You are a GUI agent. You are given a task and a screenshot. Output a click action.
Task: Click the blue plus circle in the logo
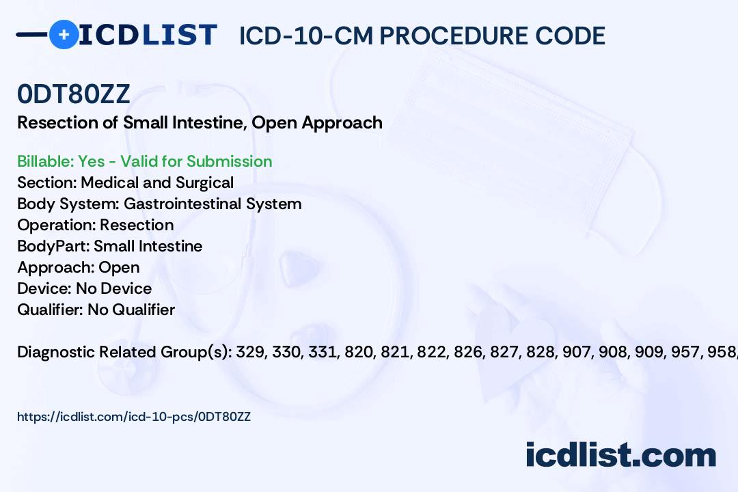click(64, 34)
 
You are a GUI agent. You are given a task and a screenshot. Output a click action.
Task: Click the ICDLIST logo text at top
click(148, 35)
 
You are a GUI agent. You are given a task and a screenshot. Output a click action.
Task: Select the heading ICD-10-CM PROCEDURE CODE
click(422, 36)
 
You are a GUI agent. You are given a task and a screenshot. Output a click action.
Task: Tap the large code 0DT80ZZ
click(74, 94)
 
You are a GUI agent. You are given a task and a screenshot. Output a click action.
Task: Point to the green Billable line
click(144, 161)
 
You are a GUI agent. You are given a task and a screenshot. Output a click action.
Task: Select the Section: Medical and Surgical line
click(125, 182)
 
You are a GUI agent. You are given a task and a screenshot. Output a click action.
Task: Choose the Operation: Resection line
click(95, 225)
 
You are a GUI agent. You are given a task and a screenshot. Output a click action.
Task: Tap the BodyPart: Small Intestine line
click(109, 246)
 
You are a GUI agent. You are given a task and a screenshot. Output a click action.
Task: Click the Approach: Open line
click(78, 267)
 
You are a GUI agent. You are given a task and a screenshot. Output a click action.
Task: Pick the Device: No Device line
click(84, 288)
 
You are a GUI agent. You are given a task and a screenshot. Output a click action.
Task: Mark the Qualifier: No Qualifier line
click(96, 310)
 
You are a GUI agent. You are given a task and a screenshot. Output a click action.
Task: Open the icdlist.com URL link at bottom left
click(134, 416)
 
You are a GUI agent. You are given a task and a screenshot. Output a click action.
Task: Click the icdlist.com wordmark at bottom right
click(620, 455)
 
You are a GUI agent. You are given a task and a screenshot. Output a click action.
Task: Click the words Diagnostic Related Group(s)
click(124, 352)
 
